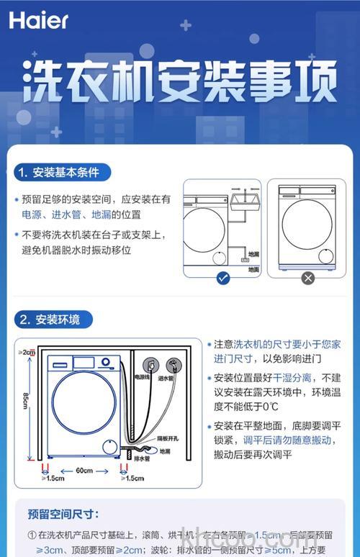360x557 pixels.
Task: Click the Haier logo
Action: coord(39,19)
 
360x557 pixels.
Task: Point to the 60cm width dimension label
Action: coord(84,471)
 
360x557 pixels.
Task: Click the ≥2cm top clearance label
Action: coord(27,352)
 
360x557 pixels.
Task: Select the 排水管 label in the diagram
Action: coord(142,458)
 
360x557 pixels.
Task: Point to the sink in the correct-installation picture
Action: coord(248,198)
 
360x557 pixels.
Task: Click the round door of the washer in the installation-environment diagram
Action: coord(84,403)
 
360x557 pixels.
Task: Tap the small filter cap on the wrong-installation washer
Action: coord(325,255)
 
